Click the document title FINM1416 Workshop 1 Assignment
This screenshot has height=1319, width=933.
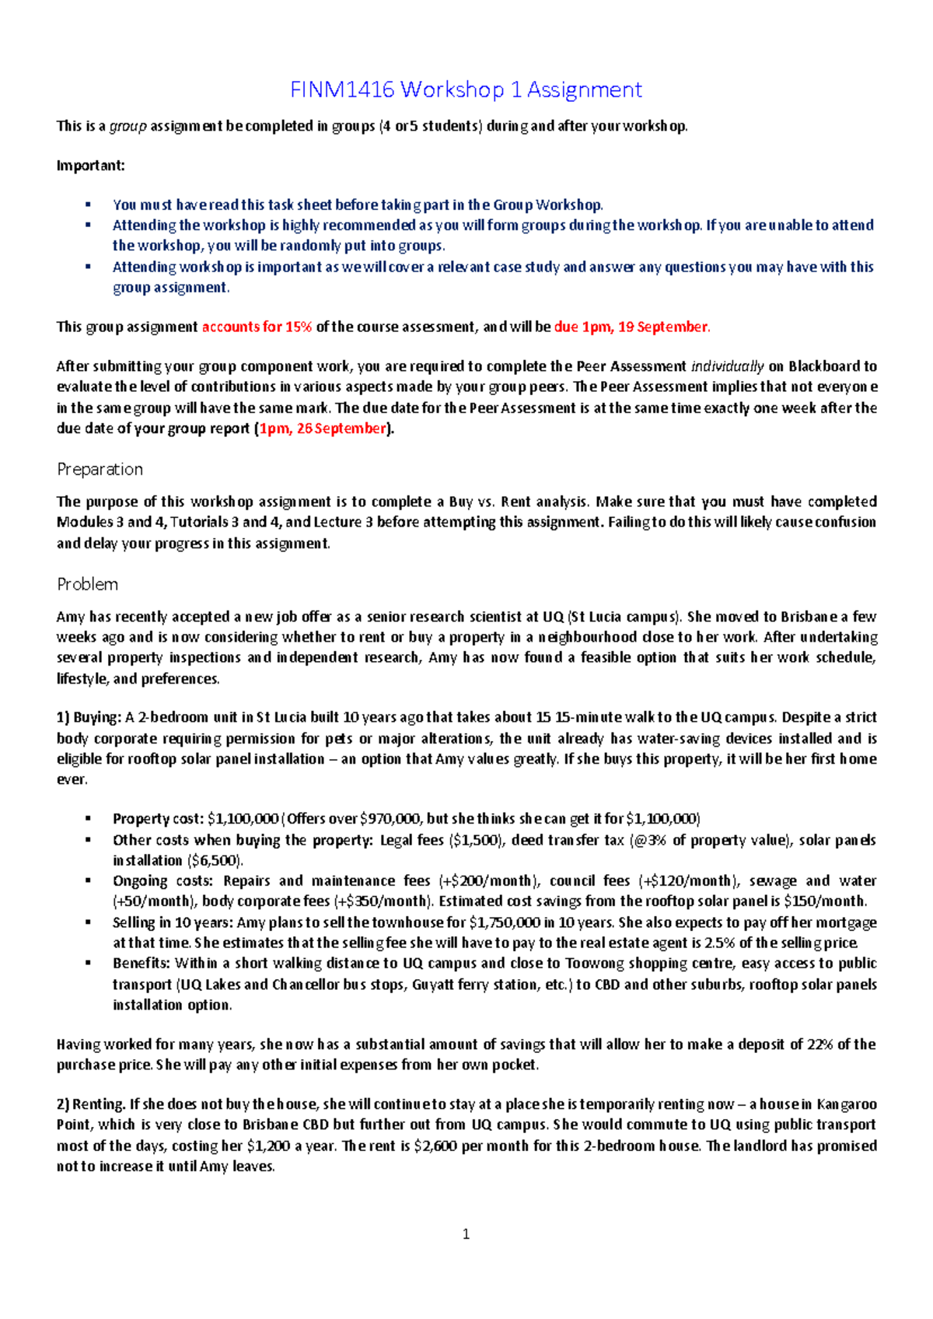click(x=466, y=90)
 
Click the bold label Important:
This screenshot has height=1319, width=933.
click(x=90, y=166)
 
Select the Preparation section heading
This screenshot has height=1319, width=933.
click(x=100, y=469)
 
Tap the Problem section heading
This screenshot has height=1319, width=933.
click(x=87, y=584)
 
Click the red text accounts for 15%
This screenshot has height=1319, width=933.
click(x=257, y=327)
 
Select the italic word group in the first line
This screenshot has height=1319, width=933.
click(x=128, y=126)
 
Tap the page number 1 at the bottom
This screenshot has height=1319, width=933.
click(x=466, y=1234)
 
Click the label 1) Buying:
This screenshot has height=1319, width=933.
click(x=89, y=717)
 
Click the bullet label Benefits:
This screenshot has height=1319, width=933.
click(x=142, y=963)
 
